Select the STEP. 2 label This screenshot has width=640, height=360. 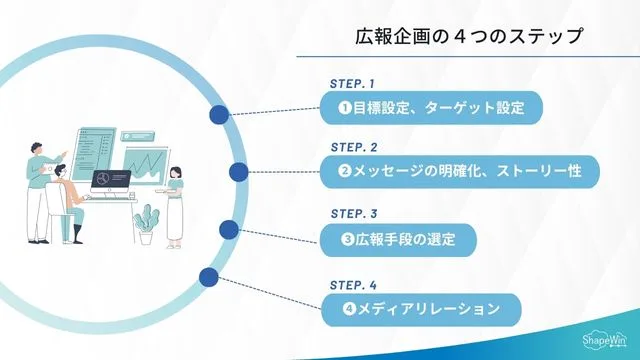click(x=353, y=147)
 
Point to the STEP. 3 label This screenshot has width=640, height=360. click(x=353, y=214)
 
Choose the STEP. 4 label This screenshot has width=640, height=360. click(x=353, y=283)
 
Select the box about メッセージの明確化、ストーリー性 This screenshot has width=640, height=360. click(x=459, y=171)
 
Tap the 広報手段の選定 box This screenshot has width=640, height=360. click(x=398, y=239)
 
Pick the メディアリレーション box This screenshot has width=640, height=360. click(x=420, y=308)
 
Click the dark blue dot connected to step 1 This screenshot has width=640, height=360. click(x=219, y=116)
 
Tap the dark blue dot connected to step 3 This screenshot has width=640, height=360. click(x=228, y=230)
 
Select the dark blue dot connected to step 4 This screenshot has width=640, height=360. click(x=209, y=277)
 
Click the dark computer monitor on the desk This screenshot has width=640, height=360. click(x=112, y=181)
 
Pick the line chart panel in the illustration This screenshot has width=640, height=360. click(x=143, y=163)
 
